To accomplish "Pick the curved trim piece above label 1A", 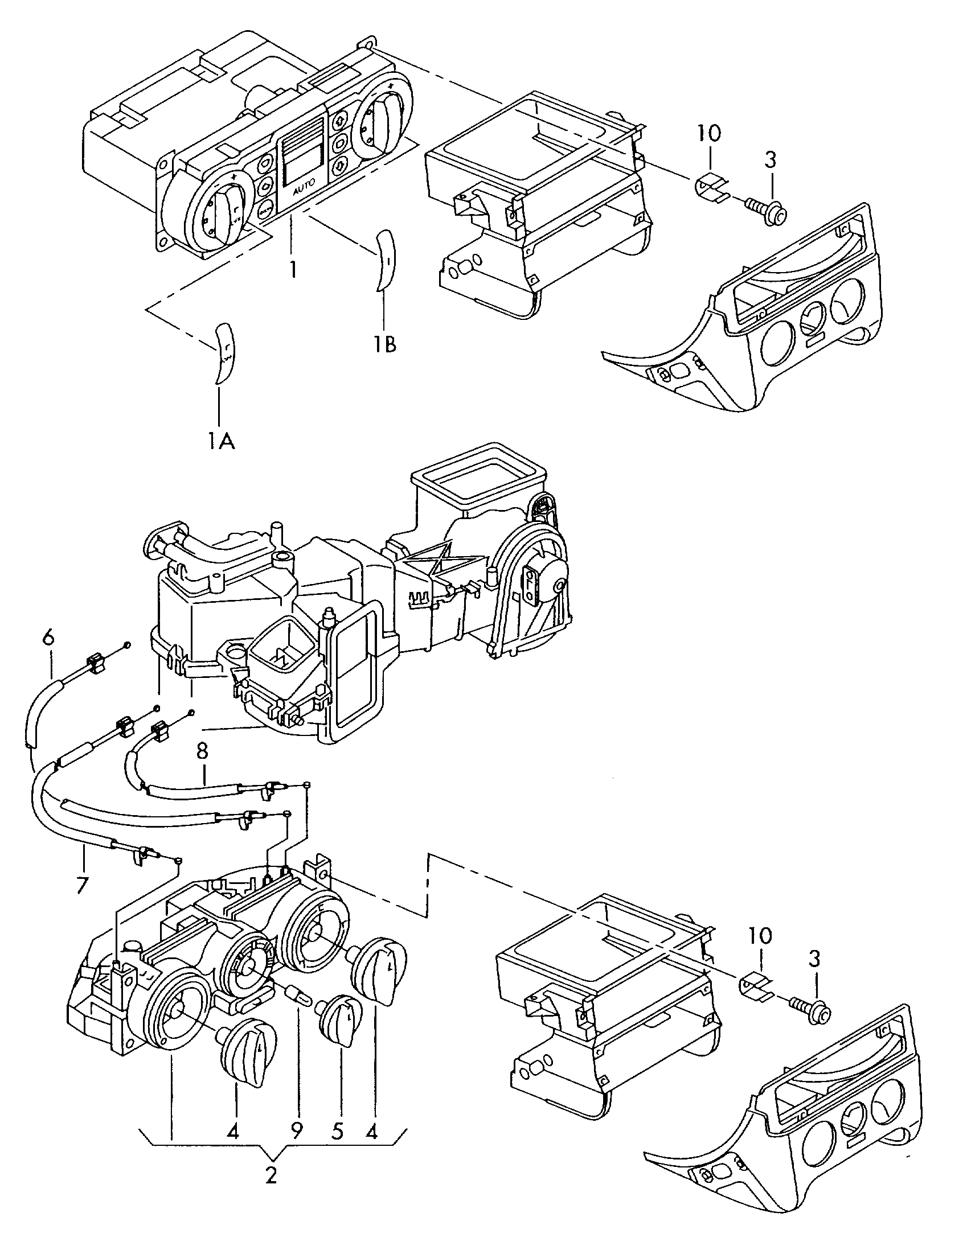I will [x=224, y=352].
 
